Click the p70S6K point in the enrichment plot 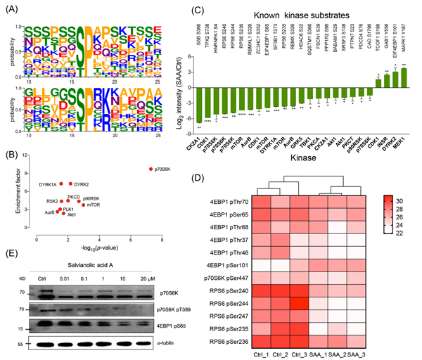pyautogui.click(x=150, y=169)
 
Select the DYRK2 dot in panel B pyautogui.click(x=70, y=184)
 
